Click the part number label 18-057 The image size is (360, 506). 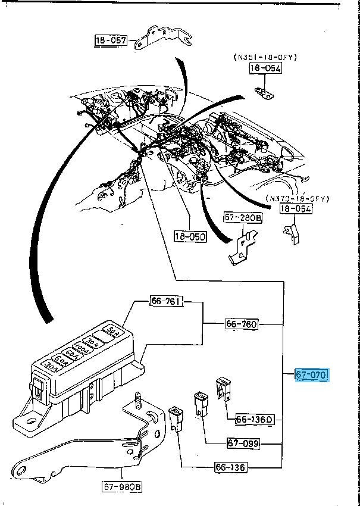point(111,40)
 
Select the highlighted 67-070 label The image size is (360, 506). point(312,374)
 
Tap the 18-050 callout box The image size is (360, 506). point(190,236)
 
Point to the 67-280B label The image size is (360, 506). point(243,218)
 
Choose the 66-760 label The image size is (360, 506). point(242,324)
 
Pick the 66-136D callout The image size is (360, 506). point(253,419)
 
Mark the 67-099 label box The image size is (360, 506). point(245,443)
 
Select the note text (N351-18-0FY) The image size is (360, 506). point(265,57)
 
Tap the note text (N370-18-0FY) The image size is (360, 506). point(297,198)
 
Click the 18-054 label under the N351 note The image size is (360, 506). point(265,68)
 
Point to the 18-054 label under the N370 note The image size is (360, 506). point(296,209)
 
